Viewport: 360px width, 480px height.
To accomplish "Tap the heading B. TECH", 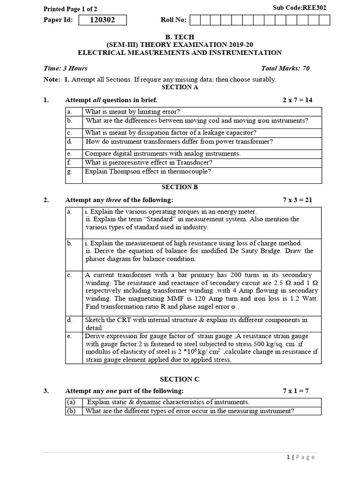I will coord(180,36).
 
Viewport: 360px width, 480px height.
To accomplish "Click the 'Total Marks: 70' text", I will coord(285,68).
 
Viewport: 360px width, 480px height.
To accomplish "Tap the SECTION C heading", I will coord(180,379).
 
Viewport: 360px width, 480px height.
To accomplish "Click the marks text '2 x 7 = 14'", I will coord(297,100).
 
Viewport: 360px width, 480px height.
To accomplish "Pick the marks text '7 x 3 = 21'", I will coord(297,200).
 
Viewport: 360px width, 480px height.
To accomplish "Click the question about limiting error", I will coord(133,112).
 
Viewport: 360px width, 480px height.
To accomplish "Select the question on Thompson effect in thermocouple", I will coord(148,171).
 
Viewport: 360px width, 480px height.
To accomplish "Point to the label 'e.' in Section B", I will coord(69,336).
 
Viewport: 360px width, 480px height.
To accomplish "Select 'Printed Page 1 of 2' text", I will coord(70,9).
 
